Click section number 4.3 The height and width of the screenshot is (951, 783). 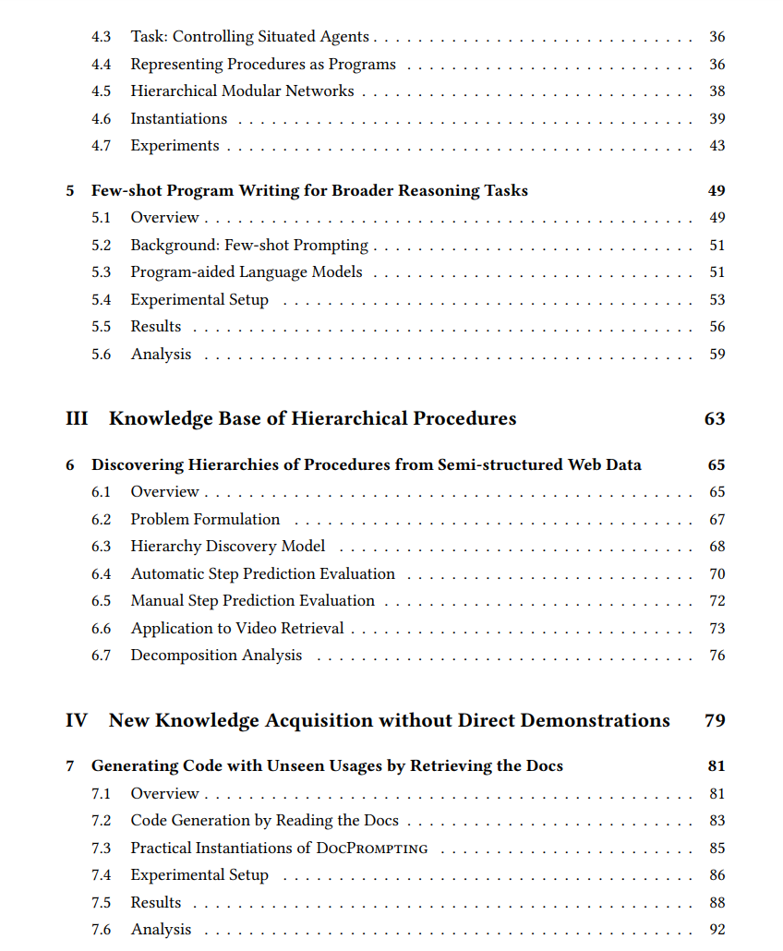[x=101, y=37]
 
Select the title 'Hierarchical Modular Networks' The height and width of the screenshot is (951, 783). [x=242, y=91]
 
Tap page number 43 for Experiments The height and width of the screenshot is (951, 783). [x=717, y=146]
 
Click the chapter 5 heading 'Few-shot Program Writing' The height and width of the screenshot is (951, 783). [x=309, y=191]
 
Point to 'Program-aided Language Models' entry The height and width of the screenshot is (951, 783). [x=247, y=272]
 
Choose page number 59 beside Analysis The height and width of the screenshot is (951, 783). [x=717, y=355]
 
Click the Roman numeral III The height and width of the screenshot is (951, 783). [x=77, y=419]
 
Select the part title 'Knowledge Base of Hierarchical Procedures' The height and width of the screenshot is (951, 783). [x=312, y=419]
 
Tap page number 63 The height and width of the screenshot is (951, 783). [x=714, y=419]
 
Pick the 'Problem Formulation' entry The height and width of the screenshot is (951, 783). [x=205, y=520]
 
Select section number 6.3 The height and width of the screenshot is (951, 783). [x=101, y=547]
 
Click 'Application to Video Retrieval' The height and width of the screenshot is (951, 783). [x=237, y=629]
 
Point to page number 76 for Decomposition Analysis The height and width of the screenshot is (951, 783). [x=717, y=656]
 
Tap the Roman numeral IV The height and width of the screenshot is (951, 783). [x=77, y=721]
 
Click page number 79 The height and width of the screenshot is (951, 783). [x=714, y=721]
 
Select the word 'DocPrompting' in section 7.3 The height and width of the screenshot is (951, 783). [x=372, y=849]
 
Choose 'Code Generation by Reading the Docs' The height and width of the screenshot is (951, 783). [x=264, y=821]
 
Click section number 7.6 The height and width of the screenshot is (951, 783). [x=101, y=930]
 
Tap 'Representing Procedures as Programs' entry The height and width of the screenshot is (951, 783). [x=263, y=65]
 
